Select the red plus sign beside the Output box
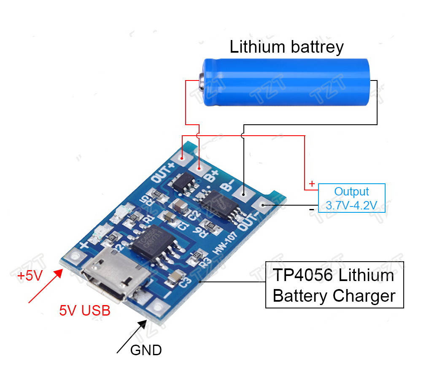pyautogui.click(x=312, y=184)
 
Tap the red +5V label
pyautogui.click(x=30, y=276)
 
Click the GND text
pyautogui.click(x=146, y=350)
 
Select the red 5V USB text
pyautogui.click(x=84, y=311)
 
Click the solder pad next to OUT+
pyautogui.click(x=183, y=159)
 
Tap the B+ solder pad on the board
pyautogui.click(x=199, y=168)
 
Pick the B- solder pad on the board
pyautogui.click(x=243, y=194)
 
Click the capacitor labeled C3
pyautogui.click(x=174, y=277)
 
